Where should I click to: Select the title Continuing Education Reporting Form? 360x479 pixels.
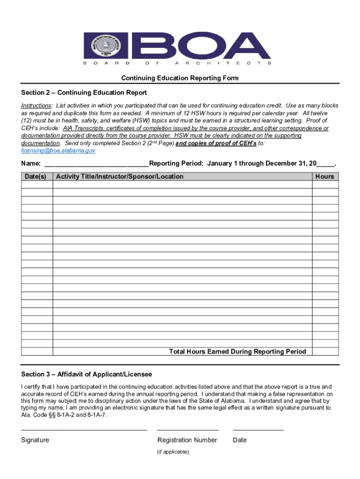(180, 78)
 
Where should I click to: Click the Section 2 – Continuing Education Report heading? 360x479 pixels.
(84, 93)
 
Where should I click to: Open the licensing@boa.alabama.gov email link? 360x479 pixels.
(58, 151)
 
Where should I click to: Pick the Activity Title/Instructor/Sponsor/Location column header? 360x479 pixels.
(120, 176)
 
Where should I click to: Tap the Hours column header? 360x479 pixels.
(324, 176)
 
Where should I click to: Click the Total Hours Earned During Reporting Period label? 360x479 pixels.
(238, 352)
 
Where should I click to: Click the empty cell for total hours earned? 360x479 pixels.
(325, 352)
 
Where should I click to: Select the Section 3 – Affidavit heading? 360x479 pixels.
(86, 375)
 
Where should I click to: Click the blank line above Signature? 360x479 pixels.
(84, 428)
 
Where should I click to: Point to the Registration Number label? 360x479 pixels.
(187, 440)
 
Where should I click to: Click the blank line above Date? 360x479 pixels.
(258, 428)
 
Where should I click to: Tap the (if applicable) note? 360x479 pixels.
(173, 452)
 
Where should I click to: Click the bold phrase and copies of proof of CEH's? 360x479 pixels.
(216, 144)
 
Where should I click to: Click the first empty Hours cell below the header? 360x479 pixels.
(325, 185)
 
